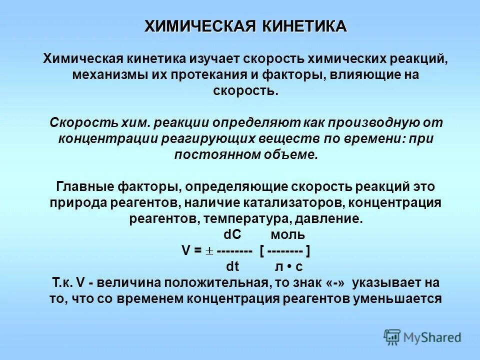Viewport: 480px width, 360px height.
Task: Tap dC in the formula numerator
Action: pos(232,234)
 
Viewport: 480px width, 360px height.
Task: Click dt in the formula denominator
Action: pos(232,266)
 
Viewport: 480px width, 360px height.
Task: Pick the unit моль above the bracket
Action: pos(287,234)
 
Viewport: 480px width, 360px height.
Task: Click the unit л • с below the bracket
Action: pos(288,266)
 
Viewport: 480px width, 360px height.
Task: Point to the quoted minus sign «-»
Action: pos(335,282)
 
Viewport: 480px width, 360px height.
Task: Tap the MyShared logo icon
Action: pos(392,337)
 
